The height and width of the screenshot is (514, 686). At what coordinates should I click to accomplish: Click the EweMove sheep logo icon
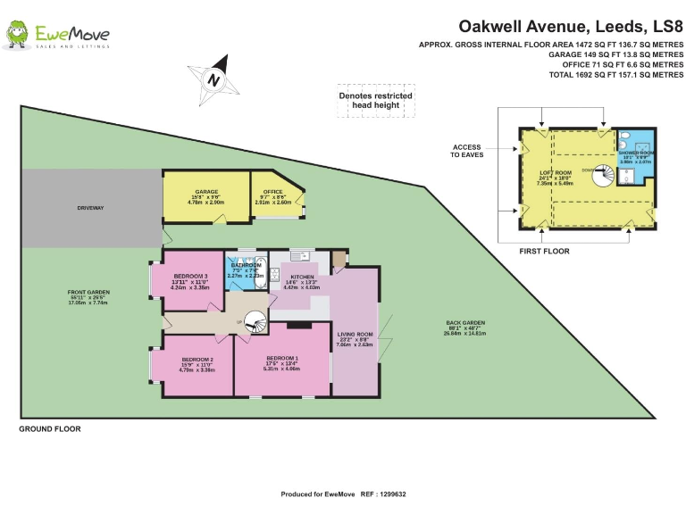click(16, 35)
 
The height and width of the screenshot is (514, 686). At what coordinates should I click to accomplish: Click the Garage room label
click(206, 192)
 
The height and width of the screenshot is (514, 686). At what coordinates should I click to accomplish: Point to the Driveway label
click(91, 208)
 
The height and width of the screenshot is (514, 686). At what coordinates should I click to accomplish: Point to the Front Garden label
click(88, 293)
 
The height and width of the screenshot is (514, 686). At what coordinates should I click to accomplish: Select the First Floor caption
click(544, 252)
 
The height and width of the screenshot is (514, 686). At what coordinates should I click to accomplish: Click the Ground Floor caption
click(50, 429)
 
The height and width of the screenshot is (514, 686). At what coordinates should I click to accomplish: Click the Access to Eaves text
click(466, 151)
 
